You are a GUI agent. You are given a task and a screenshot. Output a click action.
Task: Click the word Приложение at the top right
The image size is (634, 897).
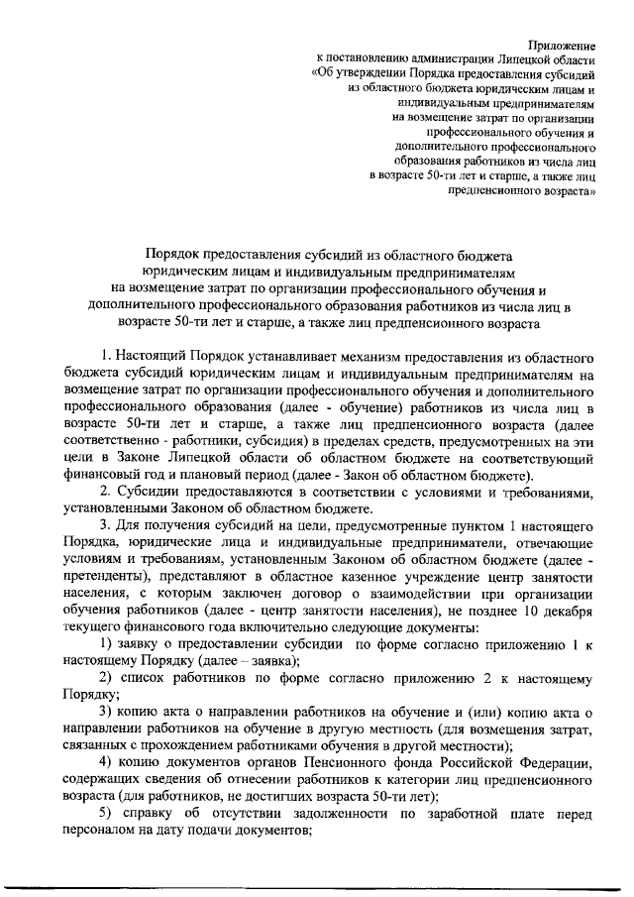(x=561, y=46)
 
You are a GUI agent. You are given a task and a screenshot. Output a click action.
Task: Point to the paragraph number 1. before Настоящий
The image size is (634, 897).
(x=106, y=355)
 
